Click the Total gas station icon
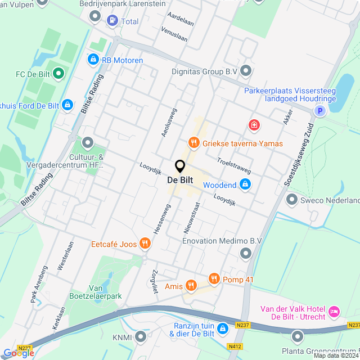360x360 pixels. [x=112, y=21]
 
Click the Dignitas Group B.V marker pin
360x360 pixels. [x=246, y=71]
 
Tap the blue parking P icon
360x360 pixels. [x=319, y=111]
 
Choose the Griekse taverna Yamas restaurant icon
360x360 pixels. [x=194, y=143]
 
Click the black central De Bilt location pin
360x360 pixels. [x=180, y=166]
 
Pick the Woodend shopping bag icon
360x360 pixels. [x=245, y=184]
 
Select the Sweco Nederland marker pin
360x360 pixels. [x=291, y=200]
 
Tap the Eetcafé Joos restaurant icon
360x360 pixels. [x=145, y=244]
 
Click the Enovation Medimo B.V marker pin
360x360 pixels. [x=245, y=254]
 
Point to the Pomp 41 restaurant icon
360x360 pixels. [x=214, y=278]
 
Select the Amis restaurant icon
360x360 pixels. [x=191, y=286]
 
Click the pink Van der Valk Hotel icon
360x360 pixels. [x=334, y=311]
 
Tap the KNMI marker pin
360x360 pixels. [x=140, y=337]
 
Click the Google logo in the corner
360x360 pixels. [x=19, y=353]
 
